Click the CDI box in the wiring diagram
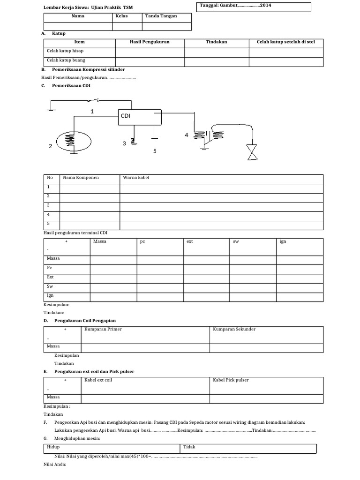pyautogui.click(x=139, y=117)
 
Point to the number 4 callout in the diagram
pyautogui.click(x=186, y=135)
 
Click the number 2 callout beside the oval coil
pyautogui.click(x=50, y=146)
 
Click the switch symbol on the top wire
pyautogui.click(x=97, y=100)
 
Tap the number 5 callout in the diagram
pyautogui.click(x=155, y=151)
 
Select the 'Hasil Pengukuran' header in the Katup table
pyautogui.click(x=150, y=42)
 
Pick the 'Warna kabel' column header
pyautogui.click(x=136, y=178)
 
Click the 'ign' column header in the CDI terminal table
pyautogui.click(x=283, y=241)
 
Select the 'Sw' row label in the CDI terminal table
pyautogui.click(x=50, y=286)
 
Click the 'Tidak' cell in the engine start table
pyautogui.click(x=189, y=447)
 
